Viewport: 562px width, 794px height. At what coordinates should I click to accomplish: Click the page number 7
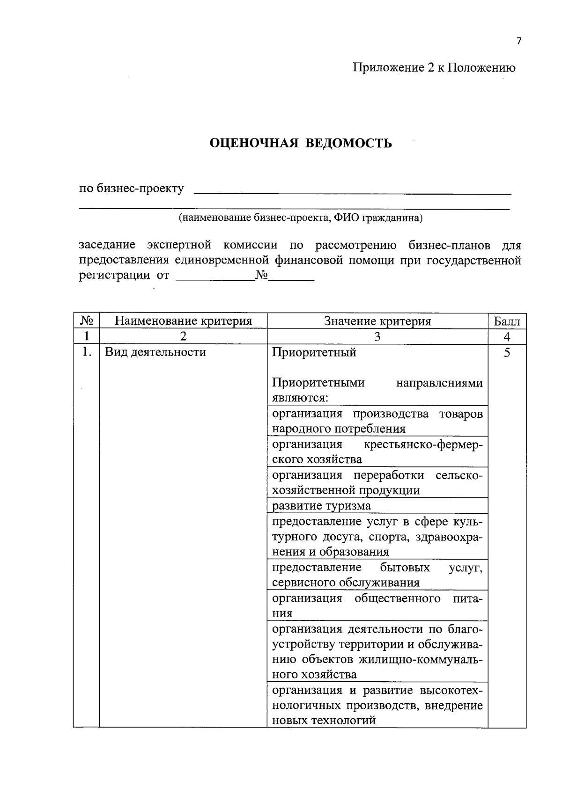click(518, 41)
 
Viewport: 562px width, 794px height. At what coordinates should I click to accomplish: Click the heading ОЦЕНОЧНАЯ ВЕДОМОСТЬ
click(300, 143)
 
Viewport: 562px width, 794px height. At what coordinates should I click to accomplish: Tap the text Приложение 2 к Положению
click(434, 68)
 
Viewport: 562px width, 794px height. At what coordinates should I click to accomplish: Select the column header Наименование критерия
click(183, 321)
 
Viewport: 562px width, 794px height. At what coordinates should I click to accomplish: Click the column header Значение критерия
click(377, 321)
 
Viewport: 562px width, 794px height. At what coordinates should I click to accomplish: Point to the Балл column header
click(507, 321)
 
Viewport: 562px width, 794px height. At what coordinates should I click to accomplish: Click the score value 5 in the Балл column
click(507, 352)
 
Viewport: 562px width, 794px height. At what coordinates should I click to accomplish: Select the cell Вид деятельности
click(155, 352)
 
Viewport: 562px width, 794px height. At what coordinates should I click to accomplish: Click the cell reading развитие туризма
click(321, 506)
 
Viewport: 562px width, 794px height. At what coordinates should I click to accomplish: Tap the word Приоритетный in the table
click(314, 352)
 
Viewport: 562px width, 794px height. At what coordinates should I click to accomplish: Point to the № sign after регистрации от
click(261, 275)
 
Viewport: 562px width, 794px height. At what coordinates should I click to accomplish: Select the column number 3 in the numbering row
click(377, 337)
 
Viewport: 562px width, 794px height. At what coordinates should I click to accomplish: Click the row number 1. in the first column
click(86, 352)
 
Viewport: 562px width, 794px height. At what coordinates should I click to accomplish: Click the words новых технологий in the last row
click(324, 721)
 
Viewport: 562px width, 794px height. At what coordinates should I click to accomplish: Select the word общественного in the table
click(397, 598)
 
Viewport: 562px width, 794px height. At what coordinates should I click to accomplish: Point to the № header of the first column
click(87, 321)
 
